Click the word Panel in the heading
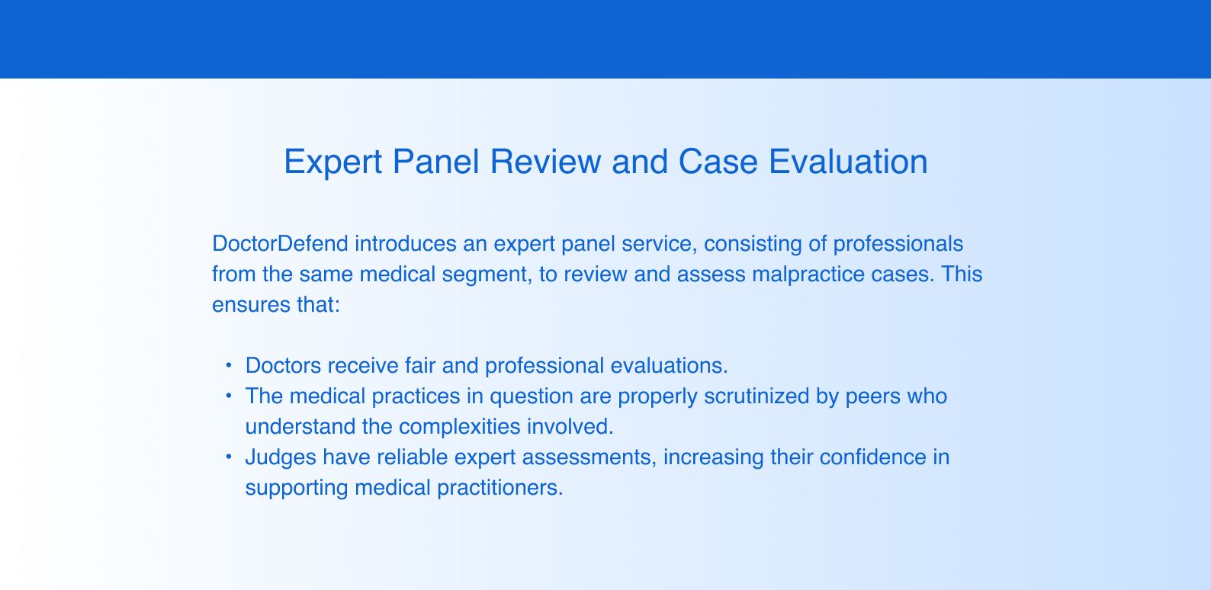435,162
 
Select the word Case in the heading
718,162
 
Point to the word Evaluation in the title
848,162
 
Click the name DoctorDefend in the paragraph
280,244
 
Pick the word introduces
406,244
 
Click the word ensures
251,306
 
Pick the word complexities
460,428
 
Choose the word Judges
281,458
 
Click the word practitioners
500,489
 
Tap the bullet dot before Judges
229,457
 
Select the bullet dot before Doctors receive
229,366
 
